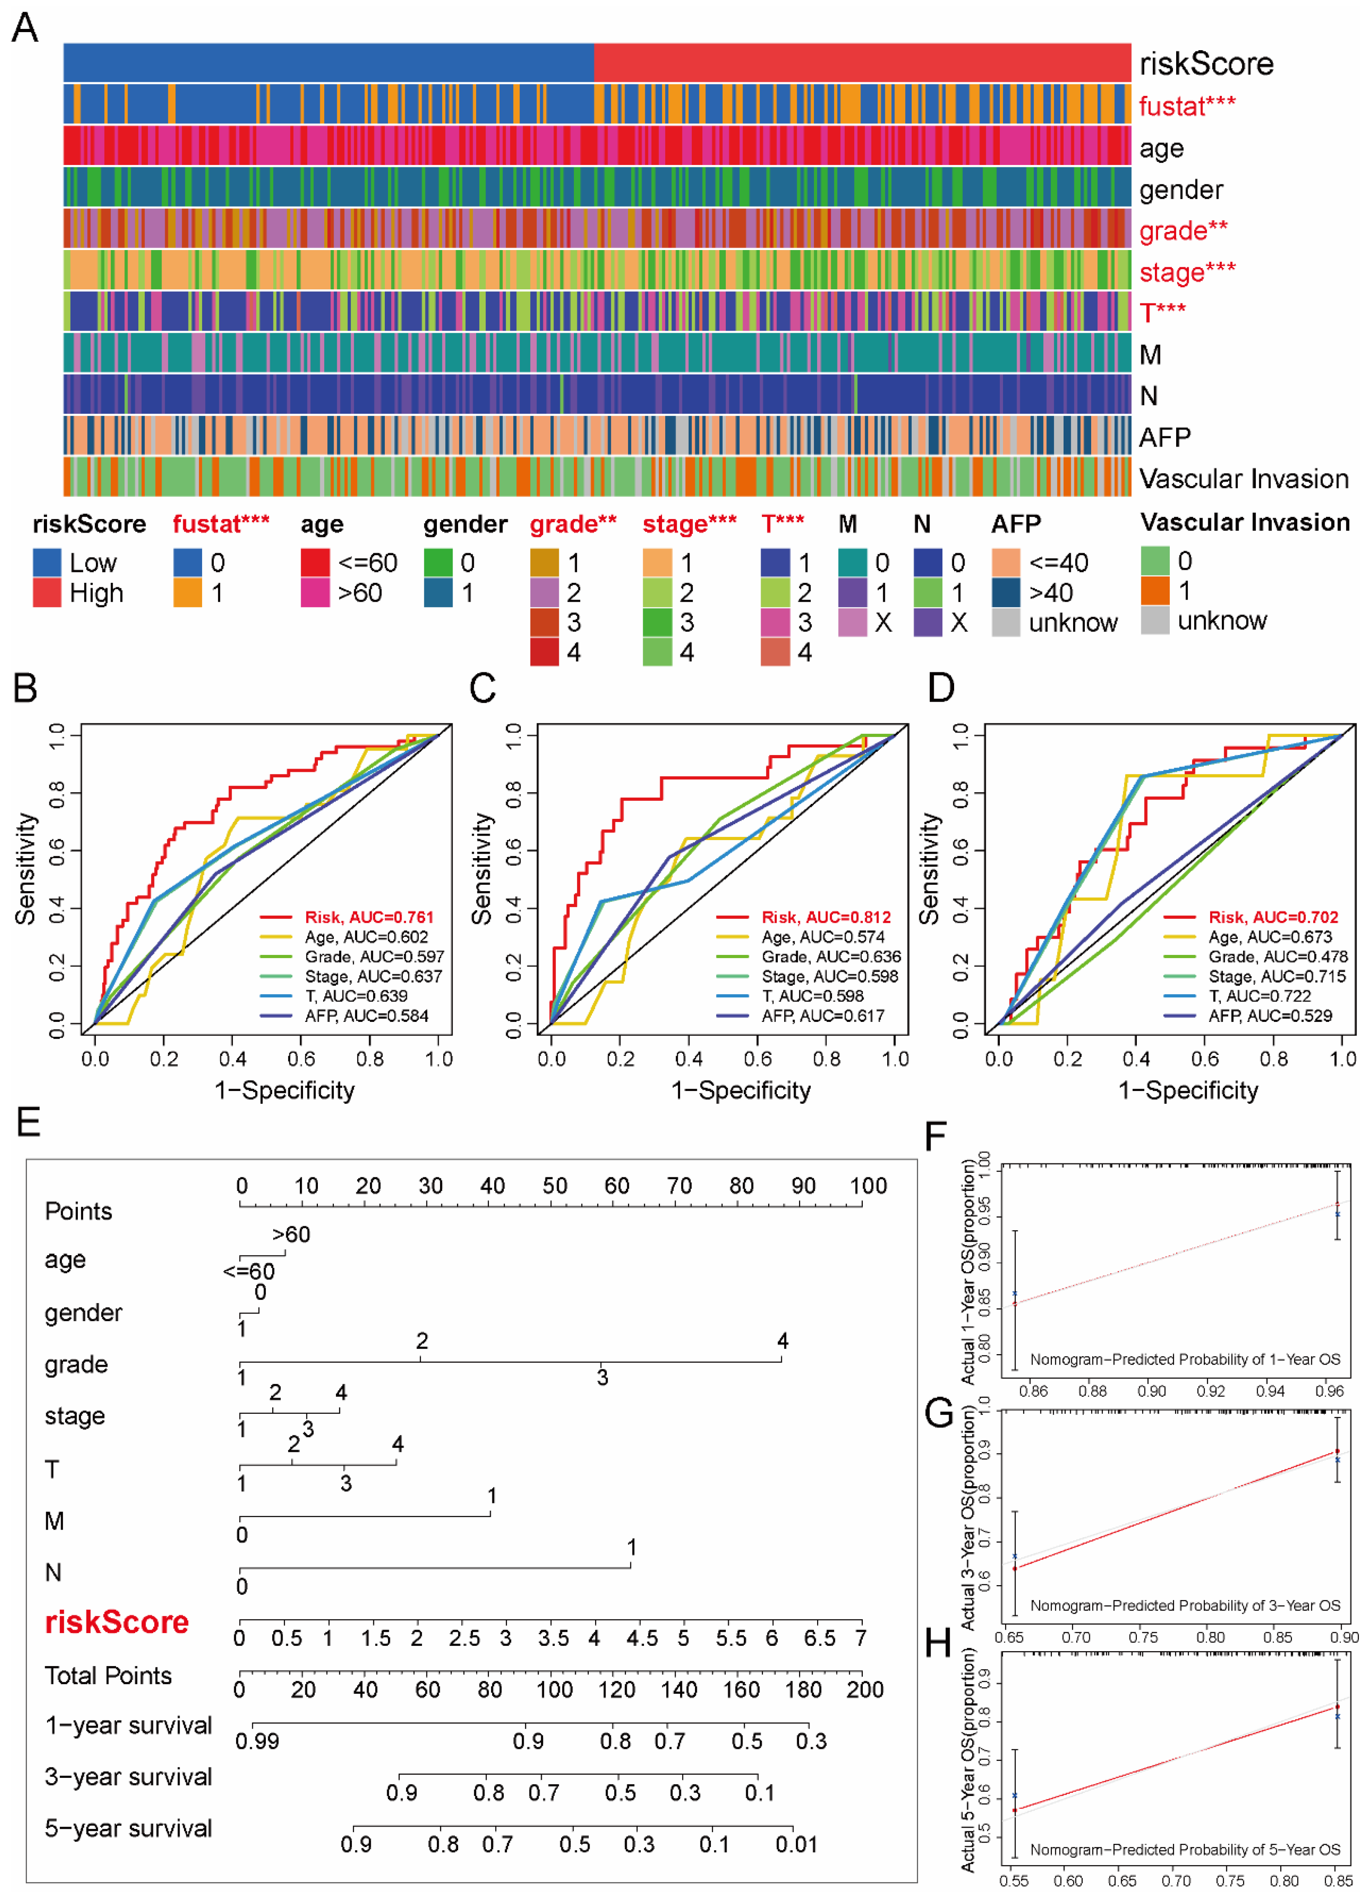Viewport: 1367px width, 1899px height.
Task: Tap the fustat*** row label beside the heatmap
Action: point(1186,106)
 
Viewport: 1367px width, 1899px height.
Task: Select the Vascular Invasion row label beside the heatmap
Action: point(1243,479)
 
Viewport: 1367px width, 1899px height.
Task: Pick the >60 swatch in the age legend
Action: point(315,593)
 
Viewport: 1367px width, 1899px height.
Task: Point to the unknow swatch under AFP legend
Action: point(1005,622)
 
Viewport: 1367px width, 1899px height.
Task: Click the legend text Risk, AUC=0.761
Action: point(369,917)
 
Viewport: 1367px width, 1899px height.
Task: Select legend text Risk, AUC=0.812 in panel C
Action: point(825,917)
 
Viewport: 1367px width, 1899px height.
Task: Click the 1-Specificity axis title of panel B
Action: point(285,1090)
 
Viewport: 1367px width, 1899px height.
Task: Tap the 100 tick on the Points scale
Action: point(868,1186)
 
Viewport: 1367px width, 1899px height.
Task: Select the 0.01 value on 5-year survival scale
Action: point(796,1844)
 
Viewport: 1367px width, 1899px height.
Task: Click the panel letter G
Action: point(939,1412)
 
